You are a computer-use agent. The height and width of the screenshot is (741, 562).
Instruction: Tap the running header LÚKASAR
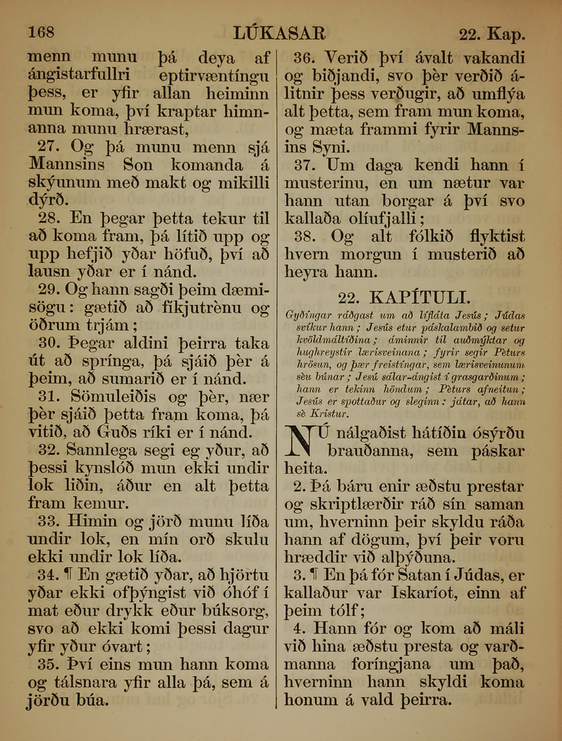point(279,33)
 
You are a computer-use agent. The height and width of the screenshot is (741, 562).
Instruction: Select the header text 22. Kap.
point(491,35)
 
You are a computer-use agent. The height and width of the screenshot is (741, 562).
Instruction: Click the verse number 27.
point(48,147)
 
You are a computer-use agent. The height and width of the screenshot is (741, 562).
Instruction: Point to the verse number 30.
point(48,343)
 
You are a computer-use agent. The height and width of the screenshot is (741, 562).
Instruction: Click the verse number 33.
point(48,522)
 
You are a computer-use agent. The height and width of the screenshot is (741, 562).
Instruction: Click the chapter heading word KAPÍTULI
point(420,298)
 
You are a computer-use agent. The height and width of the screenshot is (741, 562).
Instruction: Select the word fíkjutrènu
point(200,308)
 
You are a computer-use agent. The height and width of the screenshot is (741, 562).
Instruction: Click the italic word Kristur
point(329,414)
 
